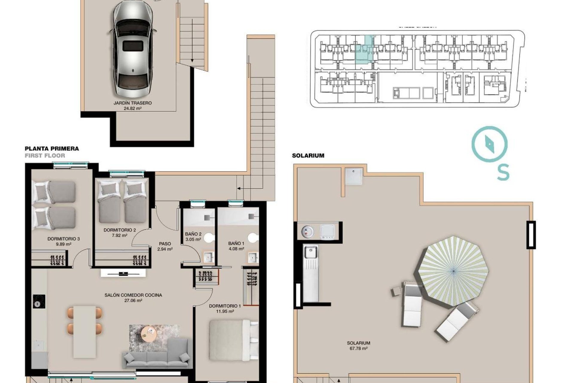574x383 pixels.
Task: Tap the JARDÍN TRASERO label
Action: coord(132,103)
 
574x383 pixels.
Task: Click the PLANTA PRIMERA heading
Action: coord(52,149)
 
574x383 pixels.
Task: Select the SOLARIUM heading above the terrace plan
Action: coord(308,156)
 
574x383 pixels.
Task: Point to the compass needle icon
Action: coord(489,144)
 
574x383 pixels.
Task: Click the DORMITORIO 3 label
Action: coord(63,239)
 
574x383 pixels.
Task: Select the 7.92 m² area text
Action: coord(120,235)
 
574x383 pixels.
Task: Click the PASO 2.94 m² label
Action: coord(165,246)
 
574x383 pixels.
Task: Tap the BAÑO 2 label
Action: coord(193,234)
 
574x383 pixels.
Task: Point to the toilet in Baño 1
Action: coord(253,238)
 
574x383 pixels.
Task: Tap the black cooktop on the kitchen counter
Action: coord(39,301)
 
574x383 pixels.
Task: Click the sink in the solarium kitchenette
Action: coord(311,252)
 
